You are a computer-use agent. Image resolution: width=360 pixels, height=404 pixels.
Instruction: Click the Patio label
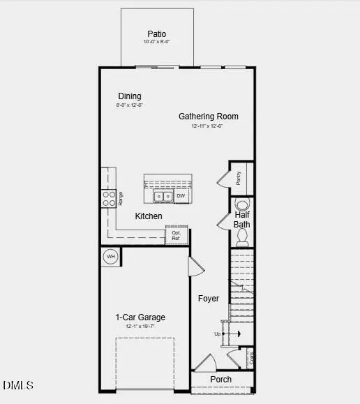click(x=156, y=33)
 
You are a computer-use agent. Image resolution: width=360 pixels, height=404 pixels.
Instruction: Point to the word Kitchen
click(x=149, y=216)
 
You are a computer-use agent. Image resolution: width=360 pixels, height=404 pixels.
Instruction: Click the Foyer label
click(x=209, y=299)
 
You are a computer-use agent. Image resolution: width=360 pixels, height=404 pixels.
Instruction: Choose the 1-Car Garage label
click(x=140, y=317)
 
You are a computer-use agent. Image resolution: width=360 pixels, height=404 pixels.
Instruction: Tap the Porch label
click(x=221, y=380)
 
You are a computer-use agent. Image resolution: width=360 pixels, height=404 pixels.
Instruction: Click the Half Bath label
click(x=242, y=220)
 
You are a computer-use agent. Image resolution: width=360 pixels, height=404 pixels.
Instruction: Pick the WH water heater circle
click(x=110, y=257)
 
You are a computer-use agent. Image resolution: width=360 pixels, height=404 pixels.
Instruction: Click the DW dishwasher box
click(x=181, y=196)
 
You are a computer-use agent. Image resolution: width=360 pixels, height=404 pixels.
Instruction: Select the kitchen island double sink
click(x=163, y=197)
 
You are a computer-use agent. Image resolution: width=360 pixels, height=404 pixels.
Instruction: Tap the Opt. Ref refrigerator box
click(x=177, y=236)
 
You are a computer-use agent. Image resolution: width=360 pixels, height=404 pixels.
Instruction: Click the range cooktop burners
click(x=109, y=198)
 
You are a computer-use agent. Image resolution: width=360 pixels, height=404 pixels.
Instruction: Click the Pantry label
click(x=239, y=179)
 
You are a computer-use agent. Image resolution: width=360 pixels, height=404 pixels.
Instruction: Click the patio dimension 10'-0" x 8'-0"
click(x=156, y=42)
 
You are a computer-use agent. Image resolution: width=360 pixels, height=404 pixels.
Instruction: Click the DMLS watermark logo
click(x=17, y=384)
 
